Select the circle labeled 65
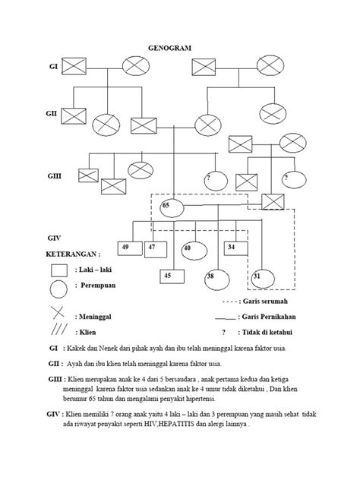point(169,207)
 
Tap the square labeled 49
point(126,247)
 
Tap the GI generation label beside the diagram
point(54,68)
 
